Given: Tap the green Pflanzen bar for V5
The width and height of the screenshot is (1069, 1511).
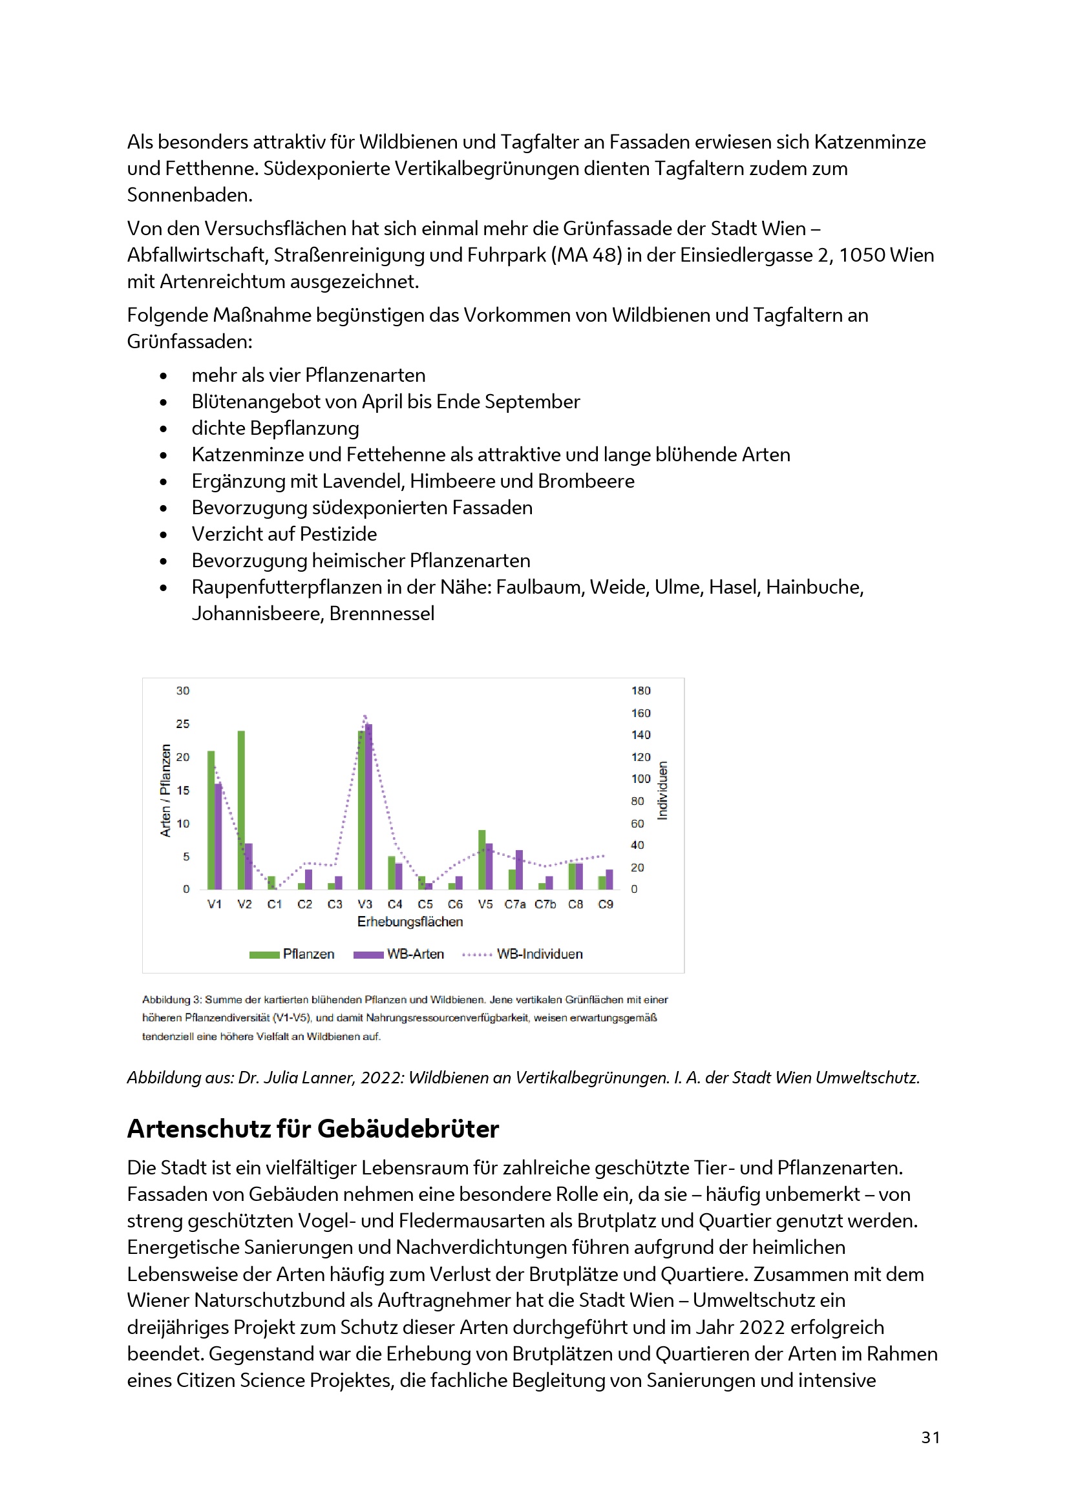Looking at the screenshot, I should tap(482, 859).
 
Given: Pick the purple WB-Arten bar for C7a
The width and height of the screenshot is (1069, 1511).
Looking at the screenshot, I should tap(520, 870).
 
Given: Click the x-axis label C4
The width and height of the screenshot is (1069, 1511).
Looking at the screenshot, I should tap(395, 904).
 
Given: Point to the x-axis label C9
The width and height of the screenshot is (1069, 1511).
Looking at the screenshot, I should tap(606, 904).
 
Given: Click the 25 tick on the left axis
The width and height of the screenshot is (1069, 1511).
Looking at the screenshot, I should tap(182, 724).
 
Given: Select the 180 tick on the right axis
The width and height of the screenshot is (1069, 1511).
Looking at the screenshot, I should tap(640, 691).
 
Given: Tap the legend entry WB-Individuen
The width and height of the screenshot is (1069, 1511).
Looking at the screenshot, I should tap(539, 954).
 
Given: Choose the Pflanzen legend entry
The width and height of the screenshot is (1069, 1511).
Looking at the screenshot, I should tap(308, 954).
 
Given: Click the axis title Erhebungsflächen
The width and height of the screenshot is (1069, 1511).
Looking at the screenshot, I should tap(410, 922).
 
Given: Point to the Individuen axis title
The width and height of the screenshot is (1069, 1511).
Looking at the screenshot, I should tap(663, 790).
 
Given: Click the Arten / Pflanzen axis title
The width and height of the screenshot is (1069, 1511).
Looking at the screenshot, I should tap(165, 790).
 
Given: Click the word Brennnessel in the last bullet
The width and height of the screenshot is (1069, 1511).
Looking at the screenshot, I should tap(382, 614).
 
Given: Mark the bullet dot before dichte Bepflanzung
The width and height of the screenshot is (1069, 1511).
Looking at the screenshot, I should tap(164, 429).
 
